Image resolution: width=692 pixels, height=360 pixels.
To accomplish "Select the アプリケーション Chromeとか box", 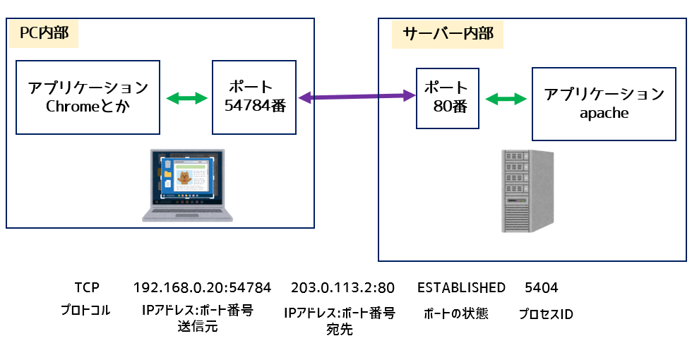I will tap(88, 97).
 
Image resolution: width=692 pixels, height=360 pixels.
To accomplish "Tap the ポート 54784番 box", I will tap(254, 97).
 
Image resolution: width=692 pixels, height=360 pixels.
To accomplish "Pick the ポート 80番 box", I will tap(447, 98).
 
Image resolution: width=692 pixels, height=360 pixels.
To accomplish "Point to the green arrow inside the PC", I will tap(186, 97).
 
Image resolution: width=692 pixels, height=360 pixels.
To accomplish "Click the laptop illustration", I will tap(184, 185).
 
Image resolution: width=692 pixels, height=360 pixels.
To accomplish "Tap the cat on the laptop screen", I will tap(184, 178).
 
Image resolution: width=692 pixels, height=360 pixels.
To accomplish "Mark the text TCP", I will tap(87, 287).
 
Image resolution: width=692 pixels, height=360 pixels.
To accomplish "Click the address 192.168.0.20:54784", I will tap(202, 287).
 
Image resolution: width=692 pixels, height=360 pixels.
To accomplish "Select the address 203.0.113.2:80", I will tap(342, 287).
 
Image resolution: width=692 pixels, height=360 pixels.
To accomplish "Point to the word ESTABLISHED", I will tap(461, 287).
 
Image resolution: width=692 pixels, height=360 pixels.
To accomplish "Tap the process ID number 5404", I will tap(542, 287).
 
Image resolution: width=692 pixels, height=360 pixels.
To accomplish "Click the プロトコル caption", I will tap(85, 310).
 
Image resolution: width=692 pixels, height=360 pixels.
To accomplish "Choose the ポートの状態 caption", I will tap(455, 313).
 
